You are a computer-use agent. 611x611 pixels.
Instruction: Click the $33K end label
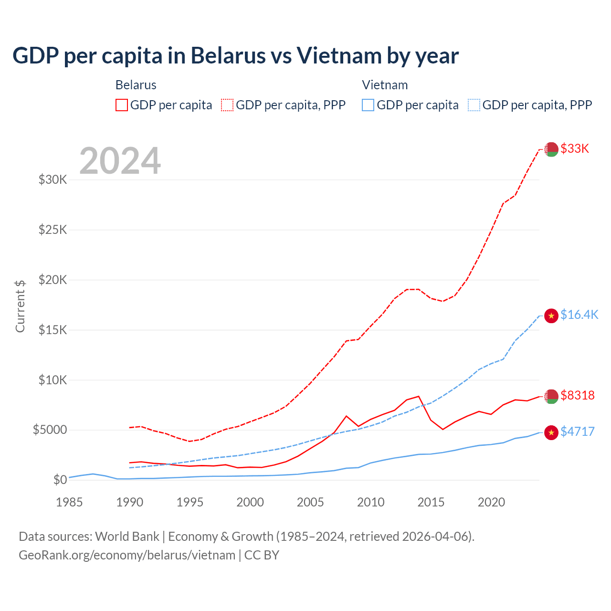(x=575, y=149)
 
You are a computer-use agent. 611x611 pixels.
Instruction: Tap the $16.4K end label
(x=579, y=315)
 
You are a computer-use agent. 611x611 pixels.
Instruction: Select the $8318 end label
(x=577, y=396)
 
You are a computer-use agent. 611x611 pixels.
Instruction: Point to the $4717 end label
(x=577, y=432)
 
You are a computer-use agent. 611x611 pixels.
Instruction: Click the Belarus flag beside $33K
(x=551, y=149)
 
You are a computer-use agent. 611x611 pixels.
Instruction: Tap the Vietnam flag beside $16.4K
(x=551, y=316)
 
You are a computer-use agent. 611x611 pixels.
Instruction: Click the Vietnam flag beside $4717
(x=551, y=432)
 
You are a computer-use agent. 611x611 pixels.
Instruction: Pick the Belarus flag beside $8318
(x=551, y=396)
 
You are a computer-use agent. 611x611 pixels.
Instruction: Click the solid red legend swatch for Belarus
(x=122, y=105)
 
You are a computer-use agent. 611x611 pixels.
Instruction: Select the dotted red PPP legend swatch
(x=228, y=105)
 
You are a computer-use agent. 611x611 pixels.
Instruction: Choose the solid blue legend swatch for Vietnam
(x=368, y=105)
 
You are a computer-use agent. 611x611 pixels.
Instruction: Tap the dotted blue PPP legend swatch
(x=474, y=105)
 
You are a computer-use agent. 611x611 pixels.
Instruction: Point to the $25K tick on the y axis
(x=53, y=230)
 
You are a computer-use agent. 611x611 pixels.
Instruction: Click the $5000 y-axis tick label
(x=50, y=430)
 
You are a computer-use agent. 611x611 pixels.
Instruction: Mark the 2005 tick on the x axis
(x=310, y=502)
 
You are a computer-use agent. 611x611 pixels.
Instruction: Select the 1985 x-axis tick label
(x=69, y=502)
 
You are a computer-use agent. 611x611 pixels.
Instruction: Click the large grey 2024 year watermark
(x=120, y=161)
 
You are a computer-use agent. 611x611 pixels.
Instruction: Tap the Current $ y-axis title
(x=20, y=306)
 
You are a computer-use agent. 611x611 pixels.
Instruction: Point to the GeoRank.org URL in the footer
(x=127, y=555)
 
